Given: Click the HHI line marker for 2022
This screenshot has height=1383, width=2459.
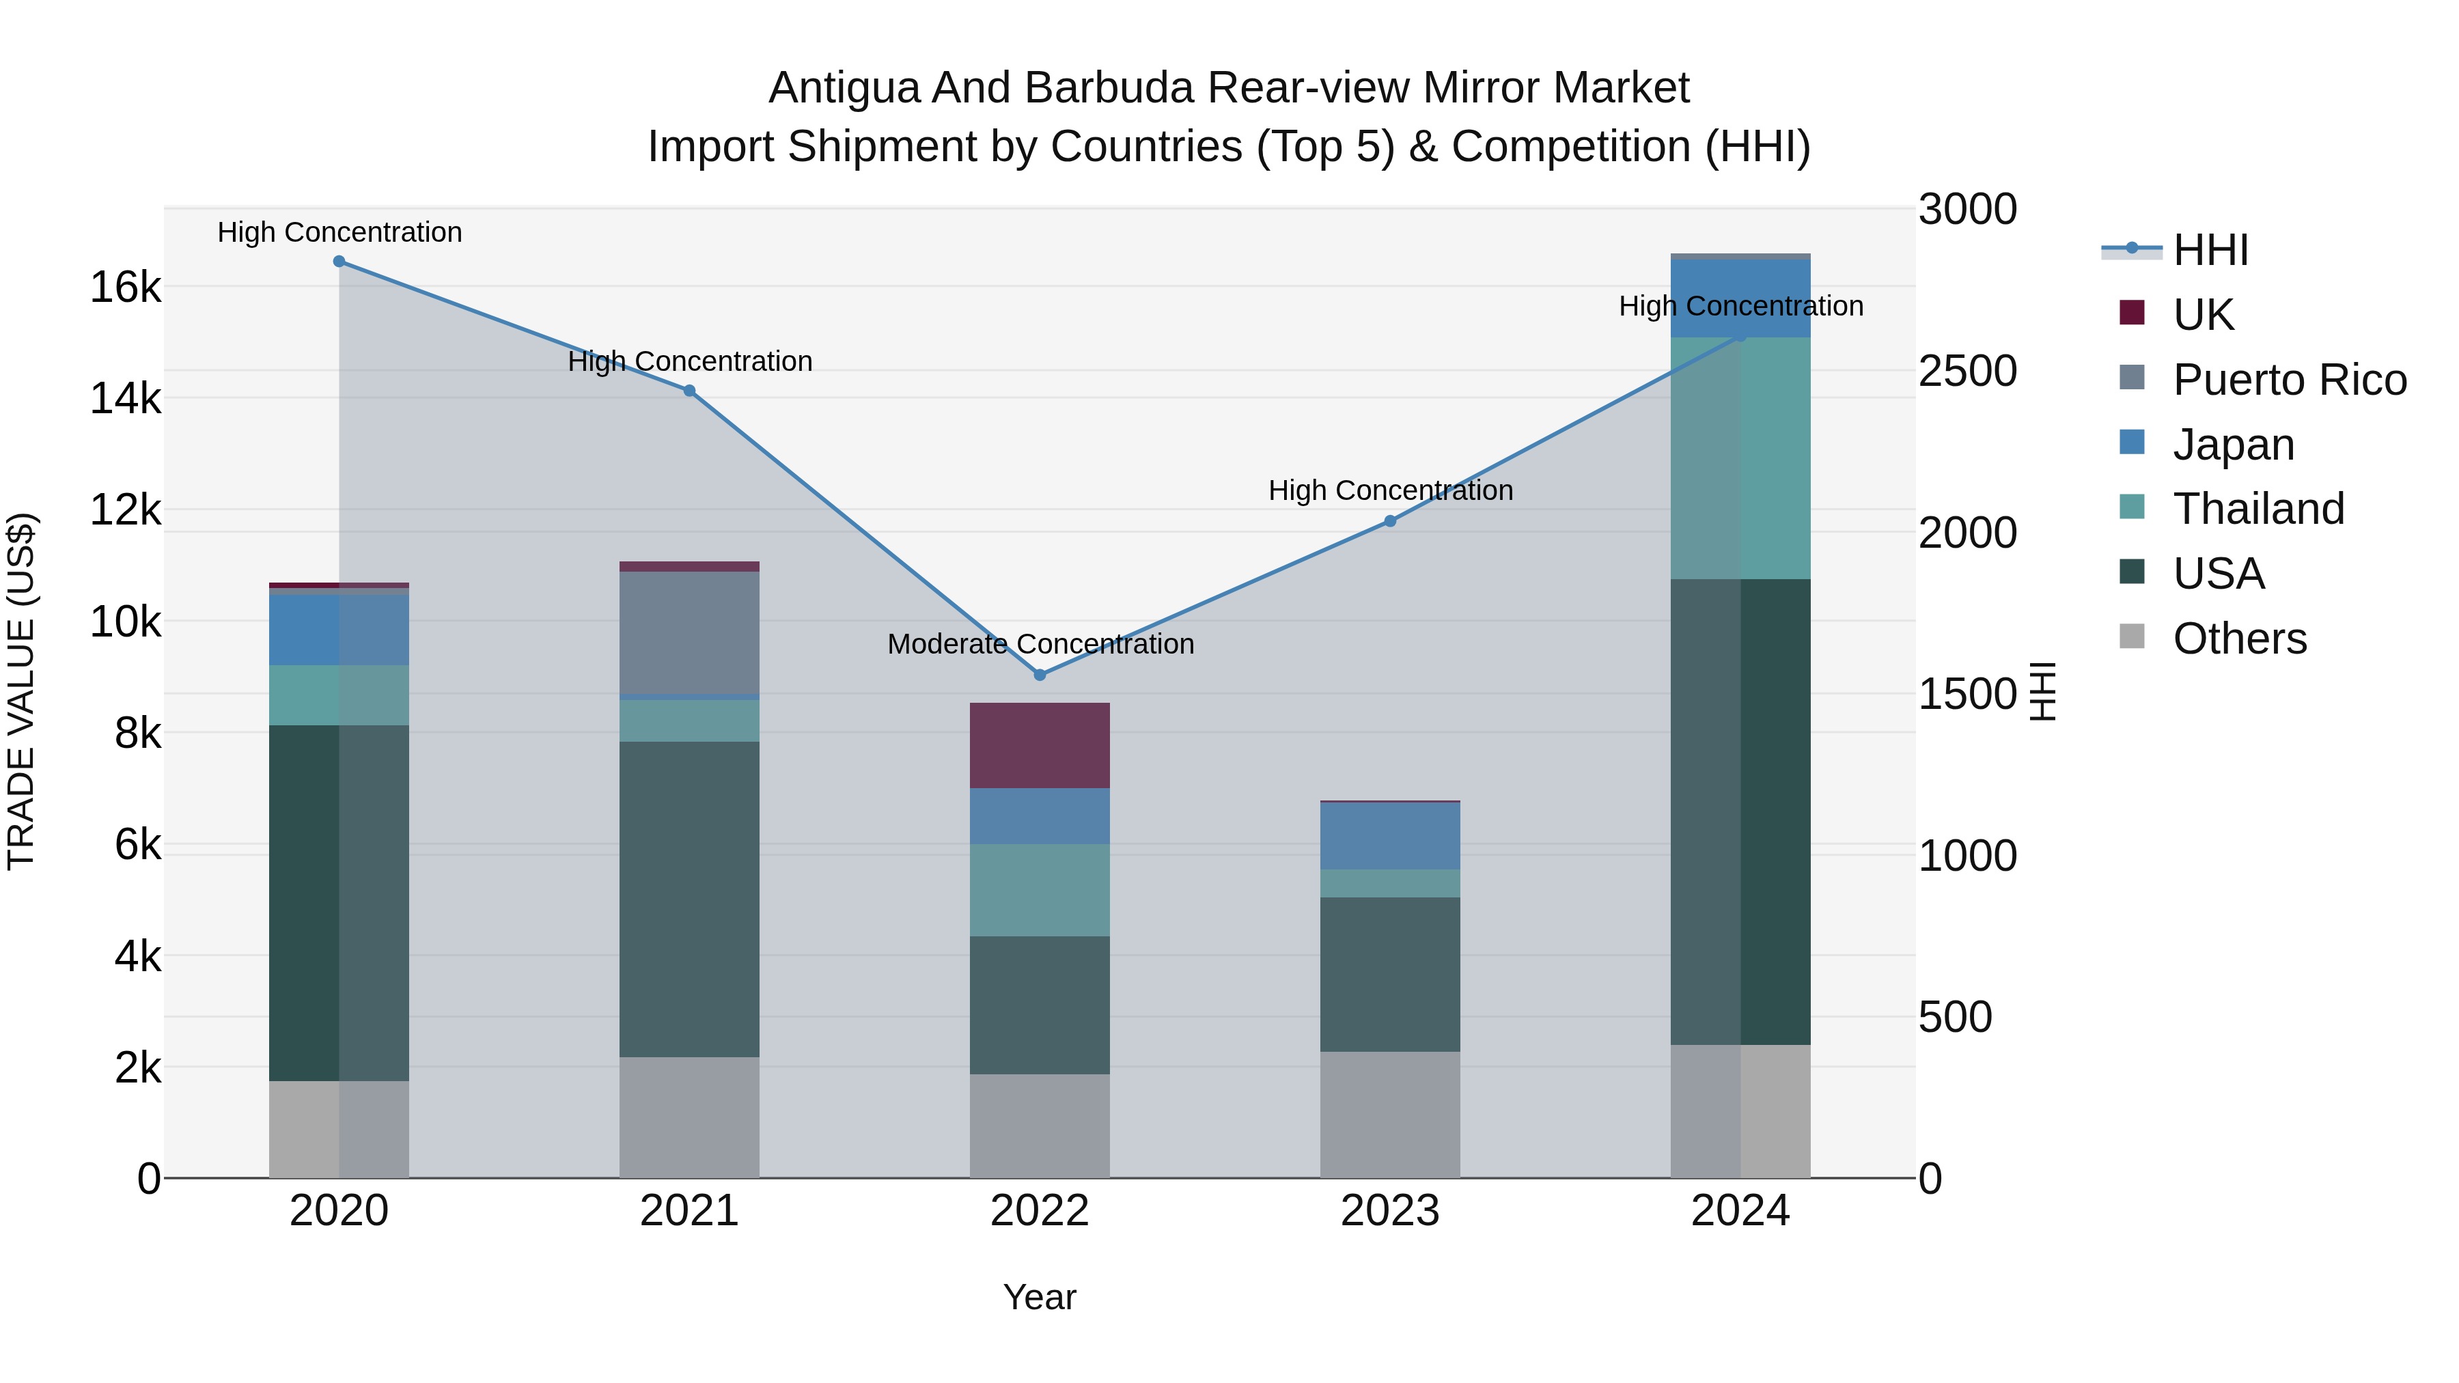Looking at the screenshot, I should tap(1040, 675).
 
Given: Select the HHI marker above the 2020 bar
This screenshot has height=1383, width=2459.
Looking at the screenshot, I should tap(339, 262).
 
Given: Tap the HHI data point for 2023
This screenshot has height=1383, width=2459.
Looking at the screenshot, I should tap(1390, 521).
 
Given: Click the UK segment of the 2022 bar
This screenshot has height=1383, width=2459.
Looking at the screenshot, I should tap(1040, 745).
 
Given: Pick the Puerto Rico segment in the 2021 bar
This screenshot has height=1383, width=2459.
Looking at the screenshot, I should tap(689, 633).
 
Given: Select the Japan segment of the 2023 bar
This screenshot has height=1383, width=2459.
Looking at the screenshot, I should tap(1390, 835).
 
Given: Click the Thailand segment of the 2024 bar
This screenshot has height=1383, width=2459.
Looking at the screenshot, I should tap(1740, 458).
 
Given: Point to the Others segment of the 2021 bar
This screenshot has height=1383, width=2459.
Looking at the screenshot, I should tap(689, 1117).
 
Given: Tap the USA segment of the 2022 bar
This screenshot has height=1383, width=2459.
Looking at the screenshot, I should tap(1040, 1005).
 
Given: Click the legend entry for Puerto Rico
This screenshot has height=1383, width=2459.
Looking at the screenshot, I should tap(2289, 380).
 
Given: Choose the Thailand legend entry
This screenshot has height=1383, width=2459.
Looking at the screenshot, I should tap(2257, 509).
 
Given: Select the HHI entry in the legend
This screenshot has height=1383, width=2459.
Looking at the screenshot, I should tap(2210, 250).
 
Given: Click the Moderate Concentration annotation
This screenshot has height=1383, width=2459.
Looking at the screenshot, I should tap(1040, 644).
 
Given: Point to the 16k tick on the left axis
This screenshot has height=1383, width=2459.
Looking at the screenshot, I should tap(125, 286).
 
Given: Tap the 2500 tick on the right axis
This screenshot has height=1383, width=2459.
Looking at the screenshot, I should tap(1967, 372).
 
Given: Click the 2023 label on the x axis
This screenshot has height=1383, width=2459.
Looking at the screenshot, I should tap(1390, 1211).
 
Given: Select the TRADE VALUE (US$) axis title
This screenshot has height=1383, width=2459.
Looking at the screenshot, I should tap(21, 691).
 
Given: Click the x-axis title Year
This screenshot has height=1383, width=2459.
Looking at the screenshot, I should tap(1040, 1297).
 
